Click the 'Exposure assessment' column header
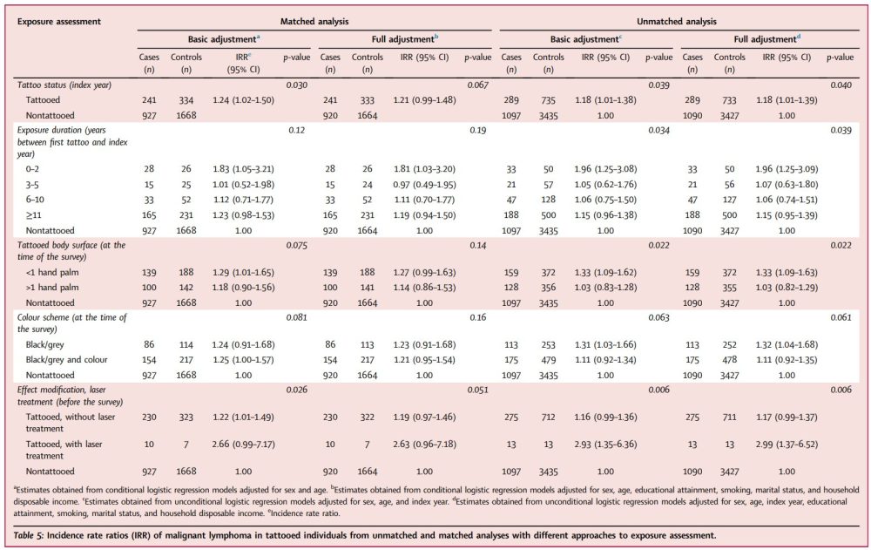59,22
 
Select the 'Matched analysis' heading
314,22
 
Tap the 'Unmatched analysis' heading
677,22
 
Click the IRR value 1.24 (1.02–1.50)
243,100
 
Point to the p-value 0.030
297,85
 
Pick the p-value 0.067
477,85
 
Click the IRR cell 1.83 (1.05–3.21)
243,169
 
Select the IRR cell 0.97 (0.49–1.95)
424,185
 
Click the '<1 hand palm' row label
52,273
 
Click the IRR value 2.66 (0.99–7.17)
243,445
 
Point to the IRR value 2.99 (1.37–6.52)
787,445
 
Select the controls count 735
548,100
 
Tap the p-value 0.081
297,317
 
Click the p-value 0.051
477,390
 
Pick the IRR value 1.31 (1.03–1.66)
605,345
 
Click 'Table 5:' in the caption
29,535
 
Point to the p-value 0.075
297,245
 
